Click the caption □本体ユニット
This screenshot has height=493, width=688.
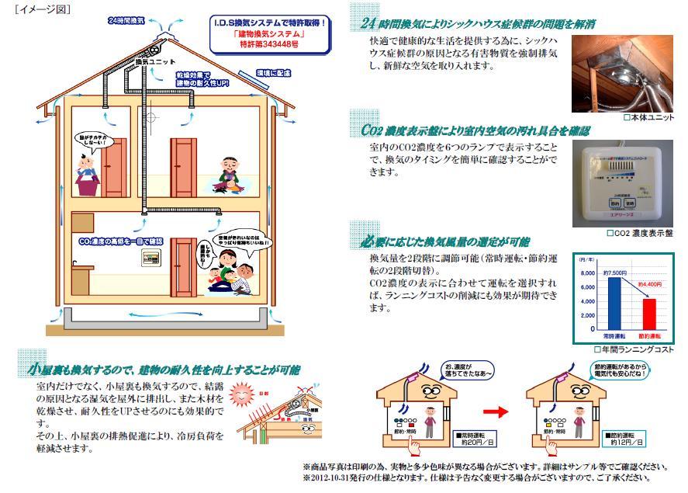point(648,117)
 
